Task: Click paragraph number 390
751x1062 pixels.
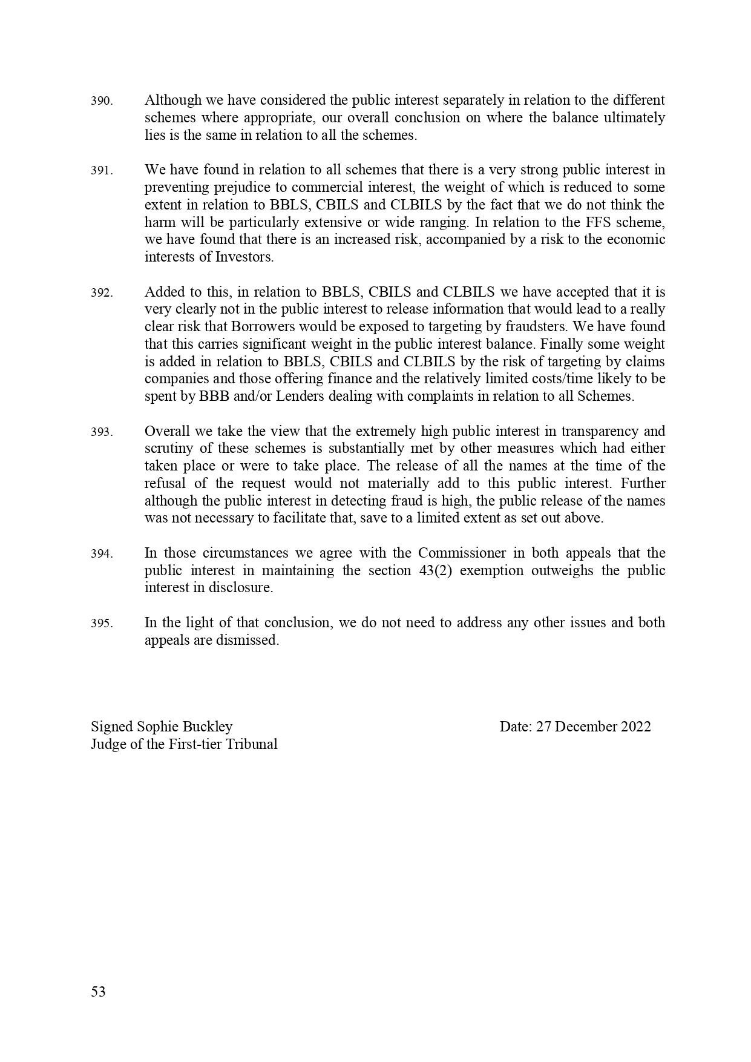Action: coord(102,101)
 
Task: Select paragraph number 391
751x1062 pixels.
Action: coord(102,171)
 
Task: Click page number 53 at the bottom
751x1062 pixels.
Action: coord(98,992)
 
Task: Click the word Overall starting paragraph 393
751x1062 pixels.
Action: coord(167,432)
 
